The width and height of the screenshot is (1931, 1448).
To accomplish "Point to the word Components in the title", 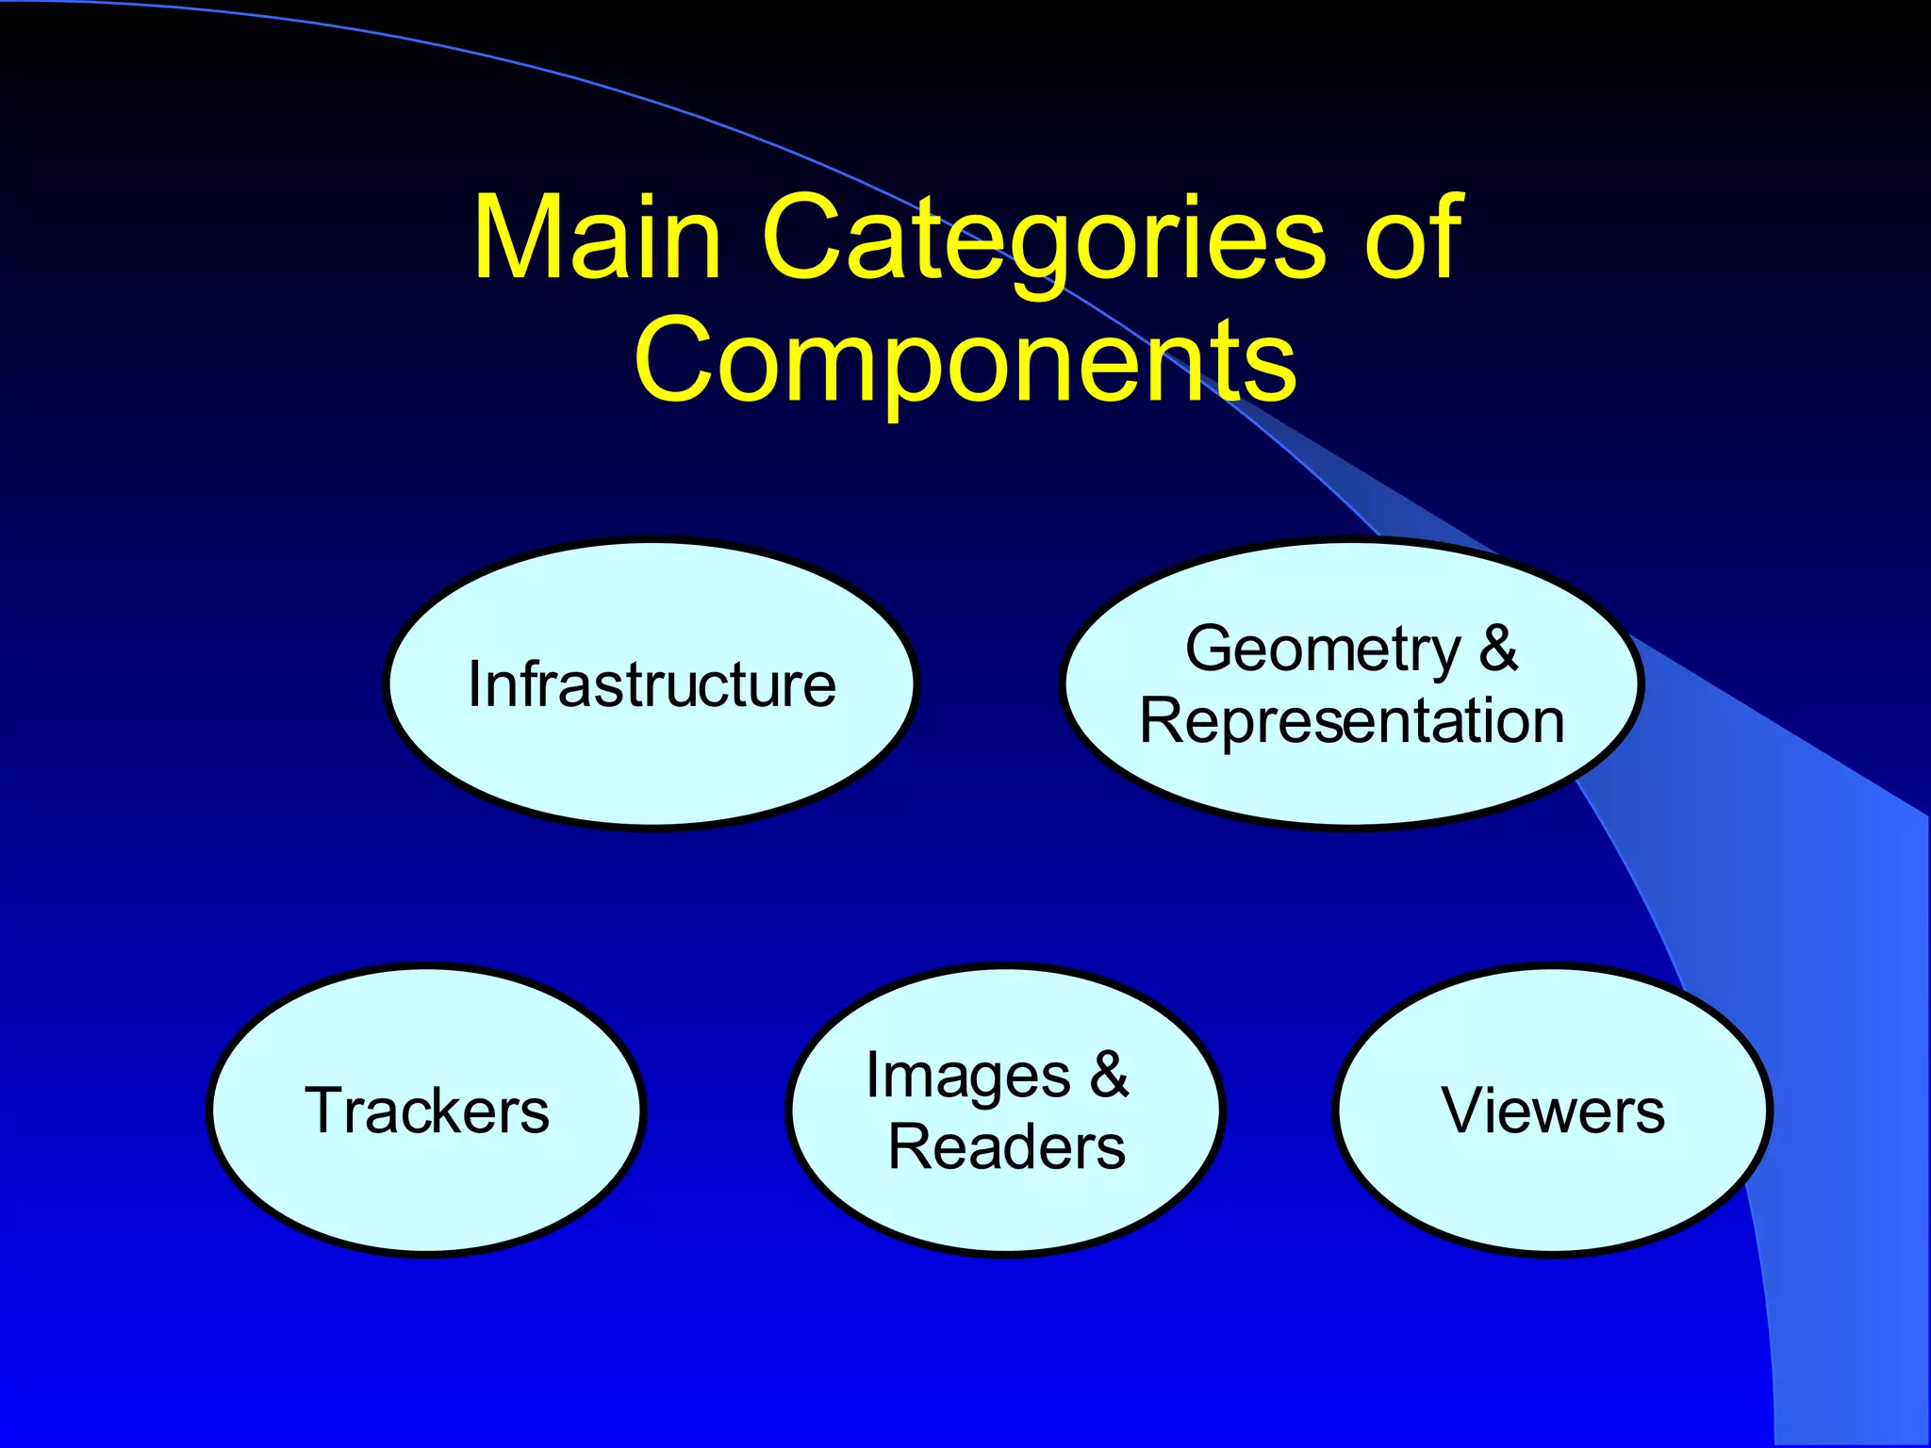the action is [965, 362].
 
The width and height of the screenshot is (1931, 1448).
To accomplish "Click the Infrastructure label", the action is [652, 684].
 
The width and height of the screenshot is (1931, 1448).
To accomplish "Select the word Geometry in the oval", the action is [1323, 650].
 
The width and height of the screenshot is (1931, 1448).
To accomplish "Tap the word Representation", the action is [1352, 722].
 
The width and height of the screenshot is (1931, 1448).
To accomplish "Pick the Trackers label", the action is [427, 1111].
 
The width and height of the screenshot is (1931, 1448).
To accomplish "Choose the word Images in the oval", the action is [967, 1077].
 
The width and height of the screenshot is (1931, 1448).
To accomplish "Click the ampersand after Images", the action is [1109, 1075].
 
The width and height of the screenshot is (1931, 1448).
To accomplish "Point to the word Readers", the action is [1007, 1148].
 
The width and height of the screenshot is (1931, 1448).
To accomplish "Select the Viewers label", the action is [1553, 1111].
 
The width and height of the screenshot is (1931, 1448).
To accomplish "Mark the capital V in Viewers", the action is [1463, 1111].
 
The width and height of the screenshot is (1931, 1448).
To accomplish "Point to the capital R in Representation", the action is [1163, 722].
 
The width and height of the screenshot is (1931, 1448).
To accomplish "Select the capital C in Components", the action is [675, 362].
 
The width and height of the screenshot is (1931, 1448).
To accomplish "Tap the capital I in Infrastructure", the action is [474, 684].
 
